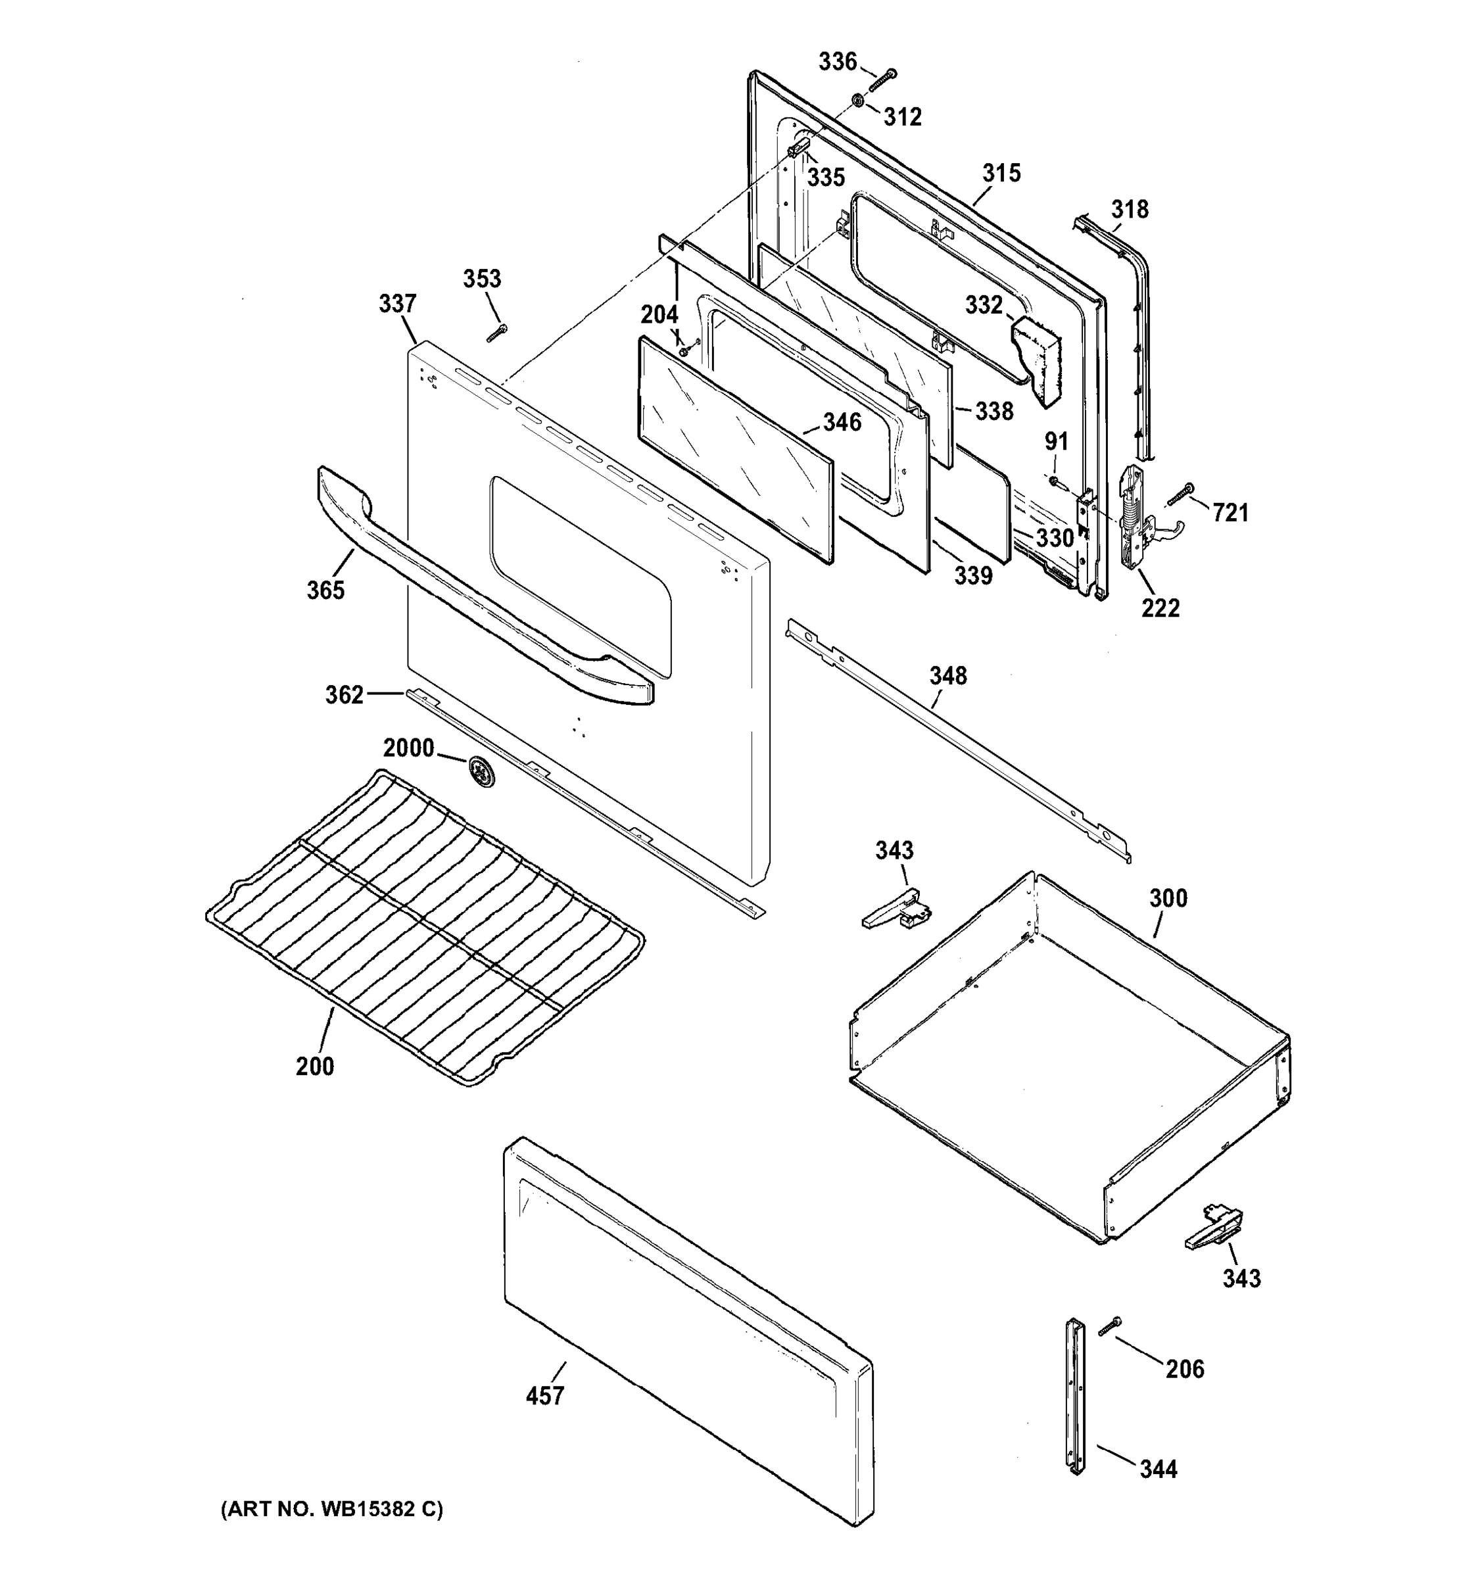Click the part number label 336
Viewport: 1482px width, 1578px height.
click(x=838, y=61)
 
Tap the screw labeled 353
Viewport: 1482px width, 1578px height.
click(x=497, y=334)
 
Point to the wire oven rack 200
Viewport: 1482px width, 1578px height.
click(x=425, y=924)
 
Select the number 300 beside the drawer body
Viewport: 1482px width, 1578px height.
click(x=1168, y=899)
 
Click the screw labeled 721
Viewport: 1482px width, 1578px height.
click(x=1180, y=494)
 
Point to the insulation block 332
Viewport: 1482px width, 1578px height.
click(x=1037, y=358)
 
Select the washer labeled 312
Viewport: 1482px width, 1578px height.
click(x=859, y=101)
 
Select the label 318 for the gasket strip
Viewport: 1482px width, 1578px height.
click(x=1129, y=210)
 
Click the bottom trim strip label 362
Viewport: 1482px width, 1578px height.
click(x=344, y=694)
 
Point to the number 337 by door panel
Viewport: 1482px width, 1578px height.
click(x=397, y=303)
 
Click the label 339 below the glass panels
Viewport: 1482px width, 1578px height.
click(x=972, y=575)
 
